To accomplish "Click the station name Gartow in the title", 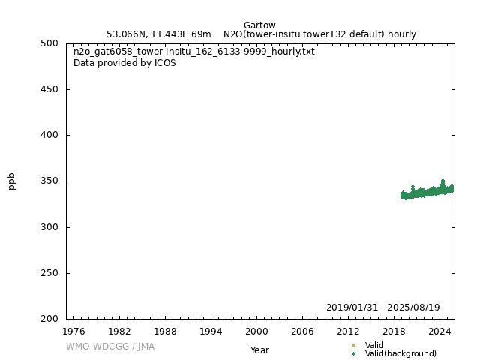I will click(259, 25).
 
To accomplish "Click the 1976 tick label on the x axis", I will click(73, 331).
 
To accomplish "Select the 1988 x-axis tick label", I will click(165, 331).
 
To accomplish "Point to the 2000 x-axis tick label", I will click(256, 331).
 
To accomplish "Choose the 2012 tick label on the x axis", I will click(348, 331).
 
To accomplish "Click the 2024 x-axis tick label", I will click(439, 331).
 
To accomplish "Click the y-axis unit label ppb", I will click(12, 181).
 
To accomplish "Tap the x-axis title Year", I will click(259, 350).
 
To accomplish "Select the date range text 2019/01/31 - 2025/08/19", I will click(382, 307).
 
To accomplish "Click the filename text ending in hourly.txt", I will click(193, 52).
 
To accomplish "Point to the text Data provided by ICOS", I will click(124, 63).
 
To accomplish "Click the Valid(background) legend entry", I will click(400, 353).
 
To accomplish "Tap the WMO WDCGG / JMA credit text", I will click(110, 346).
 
